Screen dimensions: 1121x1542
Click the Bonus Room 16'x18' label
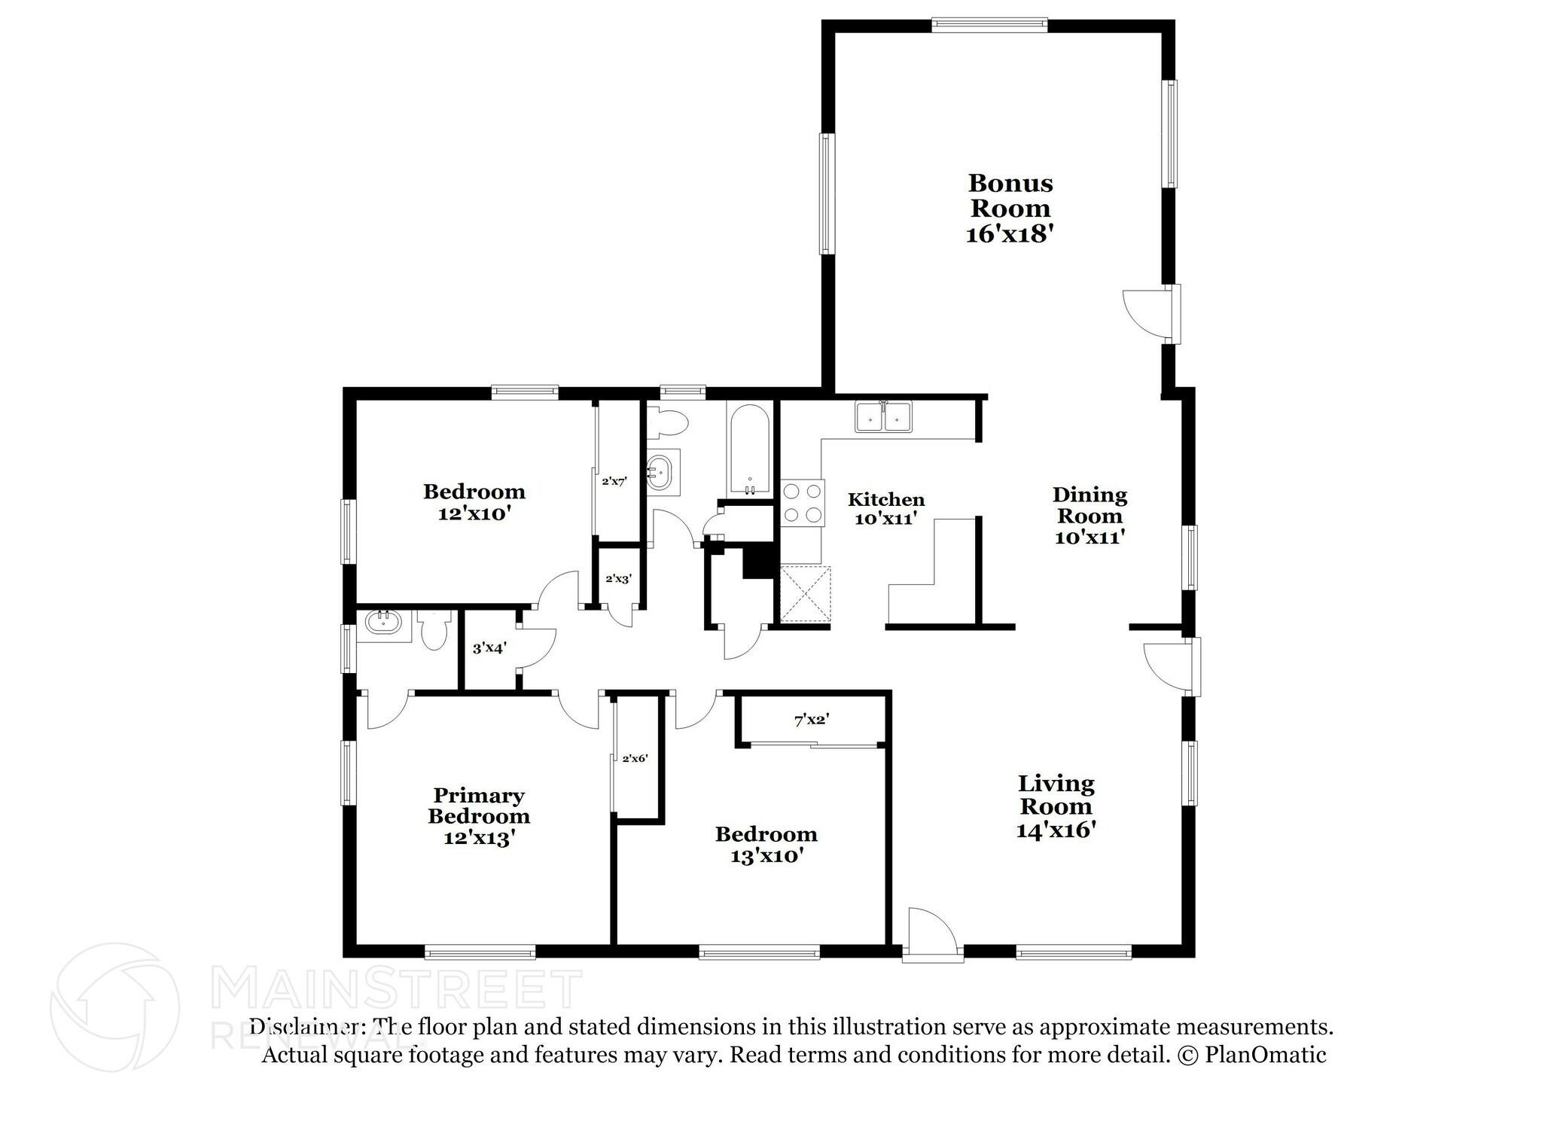1009,208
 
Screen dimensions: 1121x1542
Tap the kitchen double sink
883,416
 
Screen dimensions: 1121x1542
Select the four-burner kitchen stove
802,503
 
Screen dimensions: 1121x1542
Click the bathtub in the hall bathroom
748,449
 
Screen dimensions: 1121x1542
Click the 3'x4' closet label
489,647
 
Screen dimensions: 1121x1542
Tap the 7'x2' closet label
811,720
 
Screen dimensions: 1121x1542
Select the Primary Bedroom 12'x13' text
479,816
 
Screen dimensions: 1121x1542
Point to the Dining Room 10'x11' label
1089,516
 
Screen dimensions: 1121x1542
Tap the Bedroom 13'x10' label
766,844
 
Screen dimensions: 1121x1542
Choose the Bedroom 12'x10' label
474,502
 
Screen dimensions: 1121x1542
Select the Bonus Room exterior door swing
1146,312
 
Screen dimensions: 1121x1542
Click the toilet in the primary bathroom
434,631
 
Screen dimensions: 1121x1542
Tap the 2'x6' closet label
635,759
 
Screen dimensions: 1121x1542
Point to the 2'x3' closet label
618,579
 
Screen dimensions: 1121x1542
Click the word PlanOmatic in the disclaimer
1266,1055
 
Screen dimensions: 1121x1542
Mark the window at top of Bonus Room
989,25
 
